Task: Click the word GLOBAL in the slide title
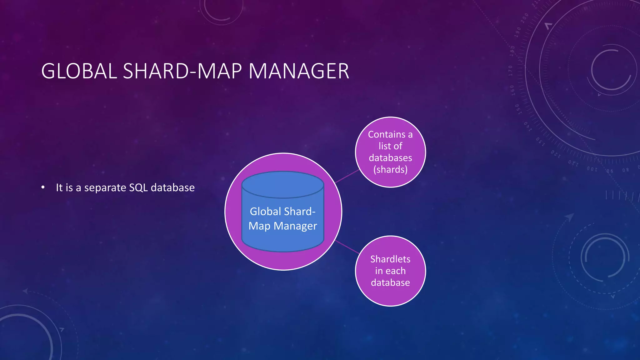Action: point(79,71)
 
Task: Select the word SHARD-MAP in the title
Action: point(182,71)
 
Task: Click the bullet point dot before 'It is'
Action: point(43,187)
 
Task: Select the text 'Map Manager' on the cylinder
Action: point(283,226)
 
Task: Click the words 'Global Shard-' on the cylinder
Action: point(283,212)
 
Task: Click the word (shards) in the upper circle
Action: point(390,170)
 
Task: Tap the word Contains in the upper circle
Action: point(387,134)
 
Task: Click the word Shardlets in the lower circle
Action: point(390,259)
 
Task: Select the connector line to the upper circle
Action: point(347,176)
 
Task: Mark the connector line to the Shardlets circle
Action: point(347,247)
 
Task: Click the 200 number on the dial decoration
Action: point(525,16)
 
